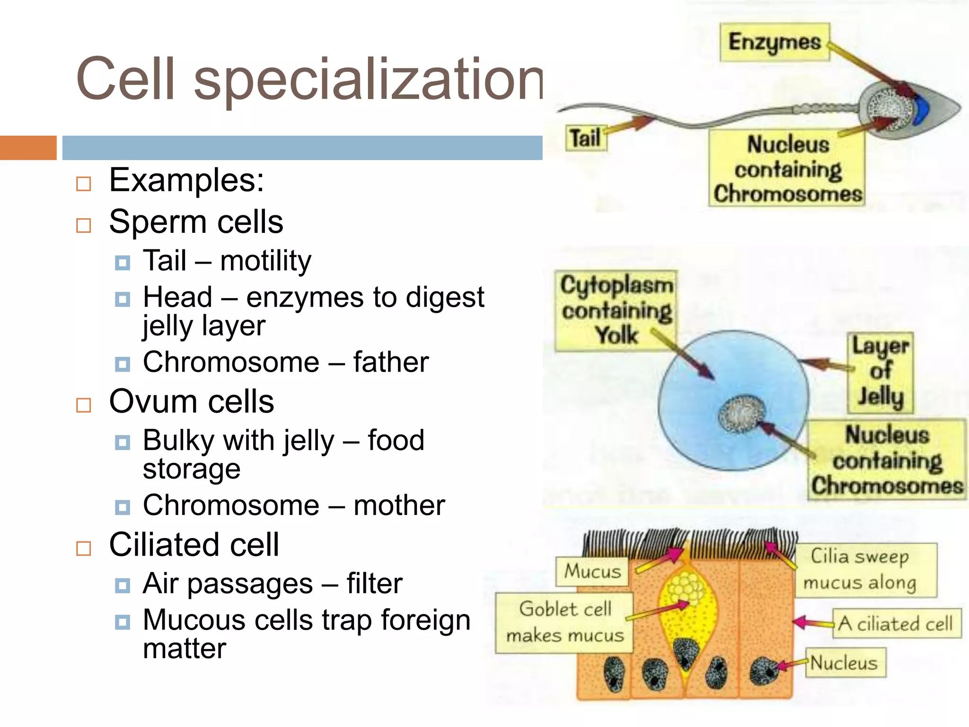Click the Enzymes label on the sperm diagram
pos(775,43)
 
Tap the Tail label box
pos(586,138)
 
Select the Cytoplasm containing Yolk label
pos(616,310)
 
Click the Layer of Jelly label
pos(880,372)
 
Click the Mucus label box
pos(592,571)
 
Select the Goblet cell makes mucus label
pos(564,622)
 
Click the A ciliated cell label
pos(896,624)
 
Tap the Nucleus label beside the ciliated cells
pos(845,663)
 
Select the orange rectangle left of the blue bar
pos(28,148)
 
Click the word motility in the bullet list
pos(265,261)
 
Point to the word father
pos(391,363)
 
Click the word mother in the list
pos(399,505)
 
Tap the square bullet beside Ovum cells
pos(84,405)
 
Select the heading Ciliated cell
pos(194,545)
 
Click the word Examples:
pos(186,180)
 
